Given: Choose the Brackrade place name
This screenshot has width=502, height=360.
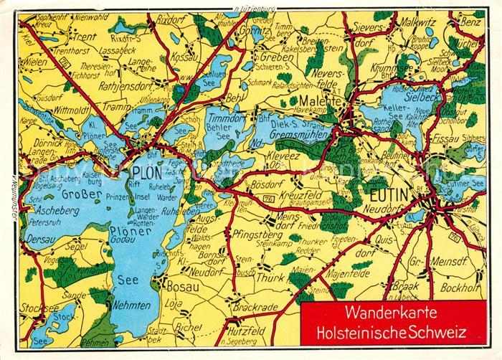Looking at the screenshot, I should coord(255,306).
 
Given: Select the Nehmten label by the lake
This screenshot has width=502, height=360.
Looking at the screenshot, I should coord(131,305).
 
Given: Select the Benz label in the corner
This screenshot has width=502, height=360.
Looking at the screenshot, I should coord(470,22).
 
